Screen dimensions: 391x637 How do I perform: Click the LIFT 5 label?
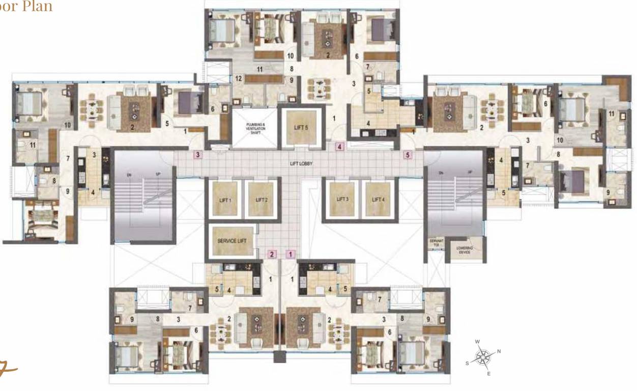coord(301,128)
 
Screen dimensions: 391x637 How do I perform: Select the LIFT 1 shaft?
coord(225,200)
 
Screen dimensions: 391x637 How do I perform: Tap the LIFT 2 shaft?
coord(262,200)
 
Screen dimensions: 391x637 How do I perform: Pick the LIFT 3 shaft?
coord(342,199)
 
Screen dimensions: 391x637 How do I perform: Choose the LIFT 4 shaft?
coord(378,199)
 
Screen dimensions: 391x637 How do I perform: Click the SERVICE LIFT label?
coord(232,241)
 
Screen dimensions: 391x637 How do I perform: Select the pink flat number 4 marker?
coord(340,147)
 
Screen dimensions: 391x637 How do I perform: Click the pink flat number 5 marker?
coord(407,154)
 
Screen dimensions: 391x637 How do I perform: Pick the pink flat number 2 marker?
coord(272,254)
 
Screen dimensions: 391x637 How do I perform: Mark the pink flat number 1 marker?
coord(291,254)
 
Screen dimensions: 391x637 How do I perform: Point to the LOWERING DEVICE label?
coord(464,249)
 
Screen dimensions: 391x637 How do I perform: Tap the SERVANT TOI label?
coord(434,243)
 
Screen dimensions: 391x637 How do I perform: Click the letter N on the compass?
coord(499,351)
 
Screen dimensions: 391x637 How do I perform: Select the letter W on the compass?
coord(477,342)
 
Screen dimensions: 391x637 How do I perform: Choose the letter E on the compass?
coord(489,374)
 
